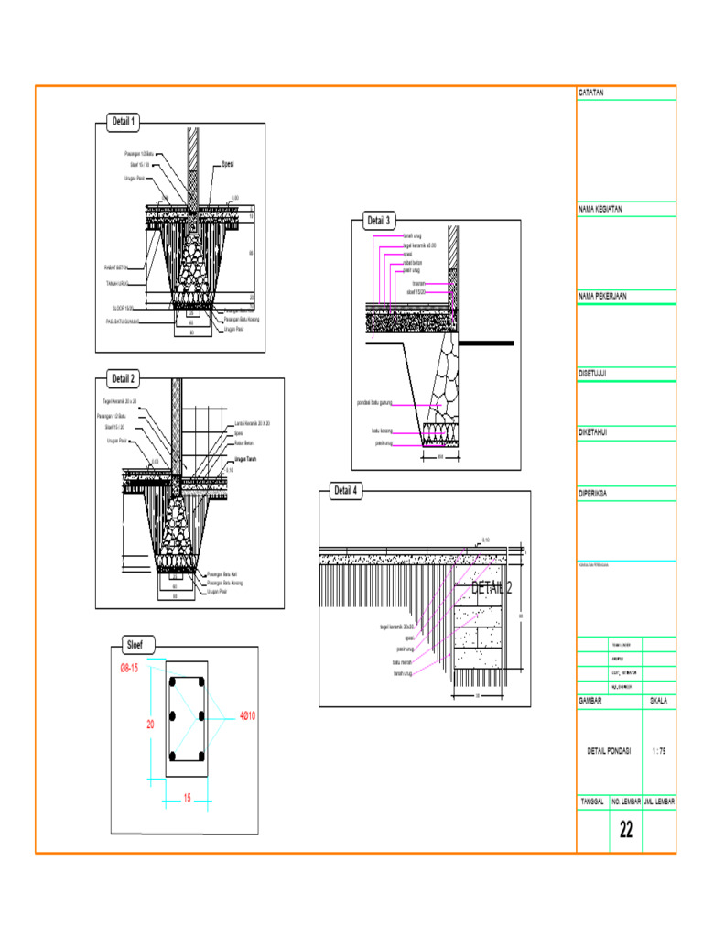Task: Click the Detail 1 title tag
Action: (x=124, y=121)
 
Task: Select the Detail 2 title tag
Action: (x=124, y=378)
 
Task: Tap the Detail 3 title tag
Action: (x=378, y=221)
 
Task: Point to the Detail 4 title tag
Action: (x=346, y=491)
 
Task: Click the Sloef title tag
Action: (x=141, y=644)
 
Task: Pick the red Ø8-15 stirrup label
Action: (x=128, y=668)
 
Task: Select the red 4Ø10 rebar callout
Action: (x=247, y=715)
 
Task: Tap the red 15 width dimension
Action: (x=187, y=798)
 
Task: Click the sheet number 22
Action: (x=626, y=830)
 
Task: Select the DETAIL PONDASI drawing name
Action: (x=609, y=751)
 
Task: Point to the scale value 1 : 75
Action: (x=658, y=751)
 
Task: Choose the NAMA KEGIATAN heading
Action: (x=600, y=209)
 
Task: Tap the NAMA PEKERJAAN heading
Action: (x=601, y=297)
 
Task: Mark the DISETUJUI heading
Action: (x=594, y=374)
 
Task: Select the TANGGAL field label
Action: (x=592, y=801)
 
